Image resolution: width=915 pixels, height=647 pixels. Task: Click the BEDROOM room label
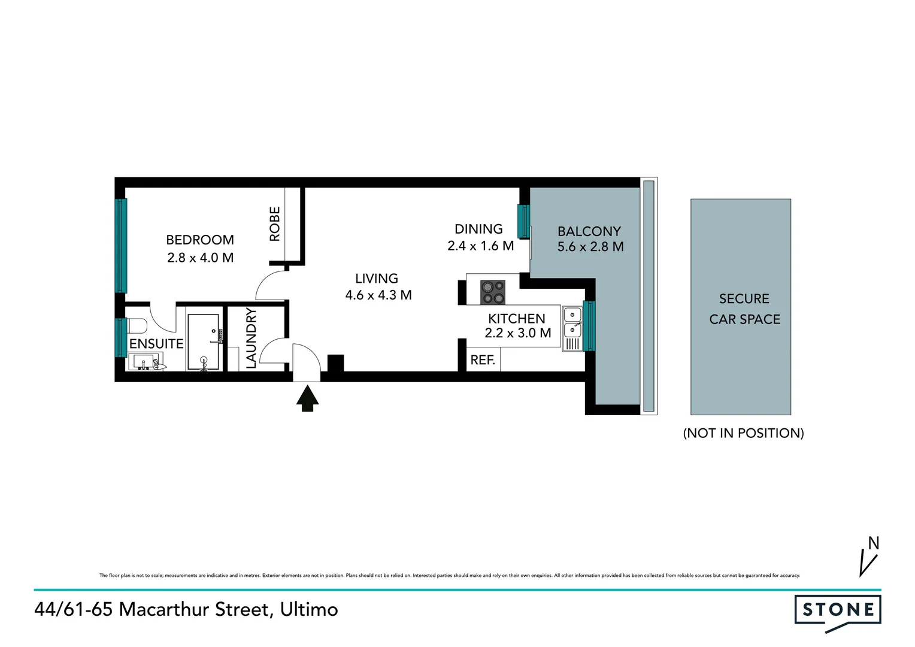coord(199,240)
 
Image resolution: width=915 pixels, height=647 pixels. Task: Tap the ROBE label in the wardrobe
coord(275,223)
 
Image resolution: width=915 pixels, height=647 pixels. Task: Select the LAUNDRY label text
coord(251,338)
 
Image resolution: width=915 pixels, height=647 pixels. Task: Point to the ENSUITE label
coord(156,343)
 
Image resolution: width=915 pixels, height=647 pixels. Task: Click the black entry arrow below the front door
coord(307,398)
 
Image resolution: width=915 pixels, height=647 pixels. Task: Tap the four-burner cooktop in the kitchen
coord(492,292)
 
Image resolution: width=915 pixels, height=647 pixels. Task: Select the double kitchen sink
coord(572,322)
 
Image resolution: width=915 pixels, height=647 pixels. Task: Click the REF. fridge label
coord(483,360)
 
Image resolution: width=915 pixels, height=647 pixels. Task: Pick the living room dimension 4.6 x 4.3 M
coord(378,295)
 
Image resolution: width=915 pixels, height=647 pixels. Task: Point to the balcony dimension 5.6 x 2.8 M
coord(590,246)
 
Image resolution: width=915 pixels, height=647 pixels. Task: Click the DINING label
coord(478,229)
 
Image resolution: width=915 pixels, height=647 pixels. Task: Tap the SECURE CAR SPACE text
coord(744,309)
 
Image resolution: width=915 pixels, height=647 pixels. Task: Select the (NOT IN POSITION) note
coord(743,433)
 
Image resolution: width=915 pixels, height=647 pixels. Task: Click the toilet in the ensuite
coord(137,326)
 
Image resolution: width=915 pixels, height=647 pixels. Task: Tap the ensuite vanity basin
coord(144,361)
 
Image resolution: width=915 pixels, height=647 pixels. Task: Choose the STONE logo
coord(838,610)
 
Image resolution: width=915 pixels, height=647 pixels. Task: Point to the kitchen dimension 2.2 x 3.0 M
coord(517,333)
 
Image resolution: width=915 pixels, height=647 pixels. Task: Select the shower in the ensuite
coord(204,341)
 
